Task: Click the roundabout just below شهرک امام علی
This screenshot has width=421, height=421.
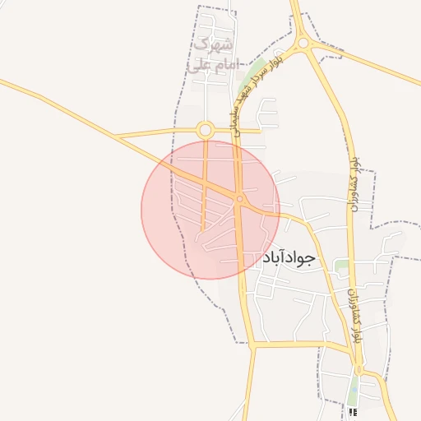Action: [x=206, y=129]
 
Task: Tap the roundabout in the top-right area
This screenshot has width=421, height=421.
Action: [x=303, y=43]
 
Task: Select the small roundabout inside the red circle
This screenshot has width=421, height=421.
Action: [x=239, y=198]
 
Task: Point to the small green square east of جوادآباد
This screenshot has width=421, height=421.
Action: [x=340, y=266]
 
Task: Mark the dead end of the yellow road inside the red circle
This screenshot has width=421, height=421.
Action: [x=203, y=228]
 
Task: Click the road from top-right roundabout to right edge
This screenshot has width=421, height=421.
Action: [x=370, y=62]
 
